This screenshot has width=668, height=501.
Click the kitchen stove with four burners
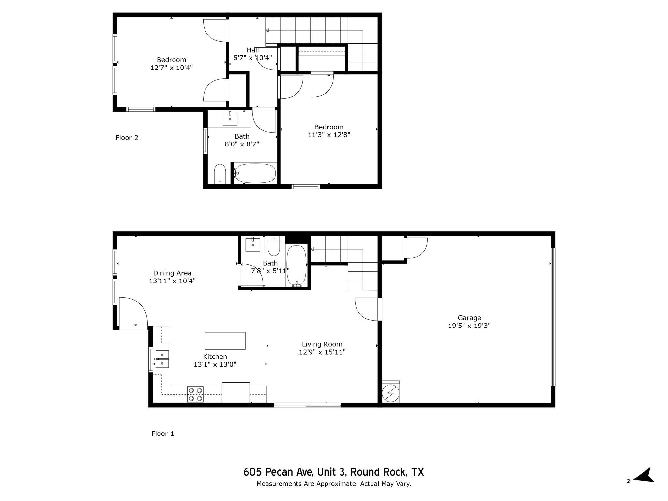[x=195, y=394]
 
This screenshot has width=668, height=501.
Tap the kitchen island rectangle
[x=225, y=341]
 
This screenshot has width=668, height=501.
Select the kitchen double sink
[x=162, y=359]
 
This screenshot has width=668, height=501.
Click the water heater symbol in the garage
[x=390, y=393]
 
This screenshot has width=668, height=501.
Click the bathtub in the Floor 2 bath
[x=255, y=173]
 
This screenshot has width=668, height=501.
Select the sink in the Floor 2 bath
[x=230, y=119]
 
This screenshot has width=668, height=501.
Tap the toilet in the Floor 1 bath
[x=274, y=246]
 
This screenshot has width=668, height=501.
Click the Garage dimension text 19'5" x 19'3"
[x=469, y=326]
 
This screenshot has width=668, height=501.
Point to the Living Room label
[x=322, y=344]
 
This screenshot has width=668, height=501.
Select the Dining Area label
[x=172, y=273]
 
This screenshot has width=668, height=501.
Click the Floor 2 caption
[x=127, y=138]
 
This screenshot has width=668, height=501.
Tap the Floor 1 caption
[x=162, y=433]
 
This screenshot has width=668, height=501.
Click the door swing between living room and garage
[x=367, y=309]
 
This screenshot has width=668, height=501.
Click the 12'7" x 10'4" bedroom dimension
[x=171, y=68]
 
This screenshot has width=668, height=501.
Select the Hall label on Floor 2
[x=252, y=50]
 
